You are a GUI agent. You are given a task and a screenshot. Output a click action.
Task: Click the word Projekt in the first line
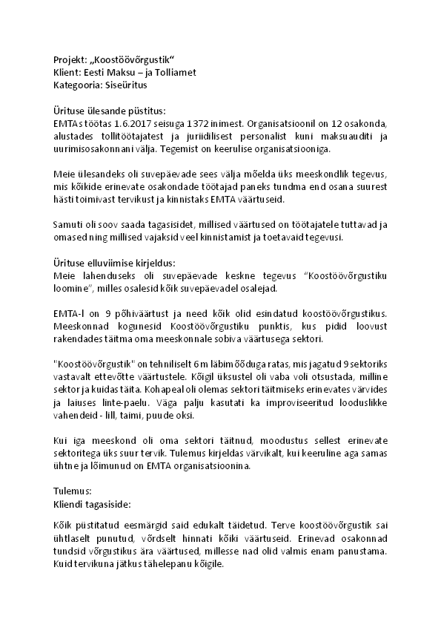[70, 59]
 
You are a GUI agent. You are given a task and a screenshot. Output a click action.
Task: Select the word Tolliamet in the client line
[174, 72]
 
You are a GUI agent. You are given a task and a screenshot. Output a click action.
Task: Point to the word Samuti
[68, 224]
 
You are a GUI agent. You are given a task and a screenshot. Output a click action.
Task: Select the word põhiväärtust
[136, 313]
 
